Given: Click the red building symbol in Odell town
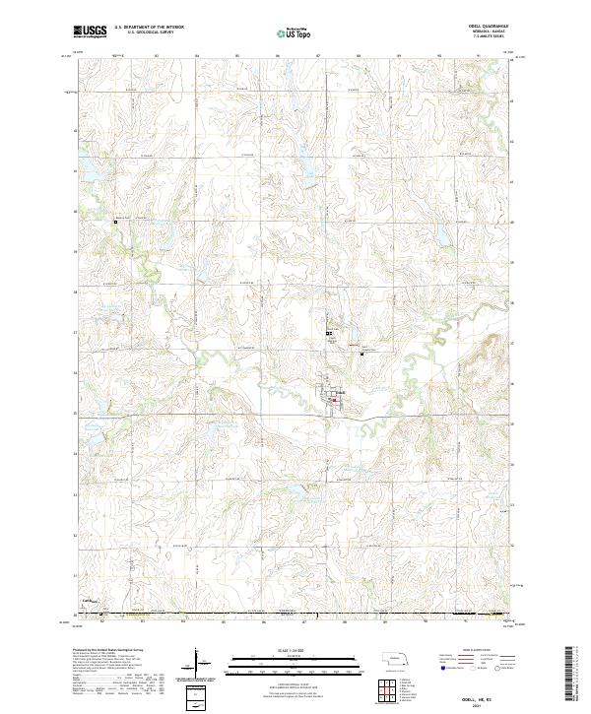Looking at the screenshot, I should [x=334, y=399].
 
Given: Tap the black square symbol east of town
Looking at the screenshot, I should [x=361, y=354].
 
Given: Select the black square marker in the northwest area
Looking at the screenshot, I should [x=115, y=222].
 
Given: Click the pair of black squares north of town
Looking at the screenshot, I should [x=330, y=334].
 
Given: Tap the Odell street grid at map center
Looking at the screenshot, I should [x=328, y=396].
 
